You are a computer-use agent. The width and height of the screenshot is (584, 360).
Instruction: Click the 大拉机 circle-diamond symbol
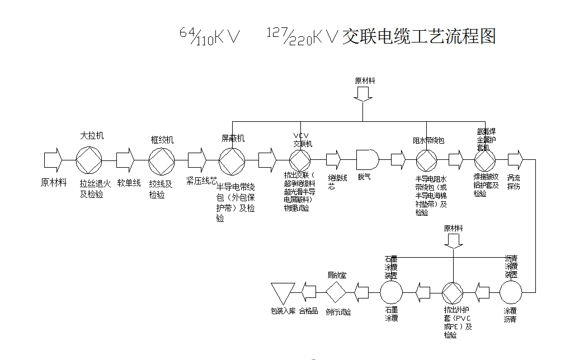tap(87, 160)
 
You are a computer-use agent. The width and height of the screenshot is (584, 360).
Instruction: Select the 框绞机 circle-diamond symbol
tap(159, 160)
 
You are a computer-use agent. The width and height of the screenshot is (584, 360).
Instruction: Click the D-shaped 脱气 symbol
tap(367, 160)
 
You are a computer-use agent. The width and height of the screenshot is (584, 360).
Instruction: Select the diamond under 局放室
tap(337, 292)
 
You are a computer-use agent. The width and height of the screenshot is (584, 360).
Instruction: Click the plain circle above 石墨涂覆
tap(391, 292)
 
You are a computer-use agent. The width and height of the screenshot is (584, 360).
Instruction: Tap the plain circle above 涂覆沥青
tap(510, 292)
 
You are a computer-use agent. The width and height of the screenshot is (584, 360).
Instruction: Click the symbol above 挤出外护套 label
tap(453, 292)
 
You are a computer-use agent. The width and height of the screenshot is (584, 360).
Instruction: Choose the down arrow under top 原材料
tap(362, 94)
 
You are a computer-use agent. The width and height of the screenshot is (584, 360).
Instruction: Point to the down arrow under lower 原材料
tap(453, 240)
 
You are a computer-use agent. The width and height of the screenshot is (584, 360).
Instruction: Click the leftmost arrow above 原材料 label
tap(53, 160)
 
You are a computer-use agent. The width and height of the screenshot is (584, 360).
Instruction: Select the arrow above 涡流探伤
tap(515, 160)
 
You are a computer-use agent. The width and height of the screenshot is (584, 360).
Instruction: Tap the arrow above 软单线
tap(125, 160)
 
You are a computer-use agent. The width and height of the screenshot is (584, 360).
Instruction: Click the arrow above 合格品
tap(309, 292)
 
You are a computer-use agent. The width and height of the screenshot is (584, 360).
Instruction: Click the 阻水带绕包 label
tap(428, 140)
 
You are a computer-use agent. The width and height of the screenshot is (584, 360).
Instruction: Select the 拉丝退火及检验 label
tap(95, 188)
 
